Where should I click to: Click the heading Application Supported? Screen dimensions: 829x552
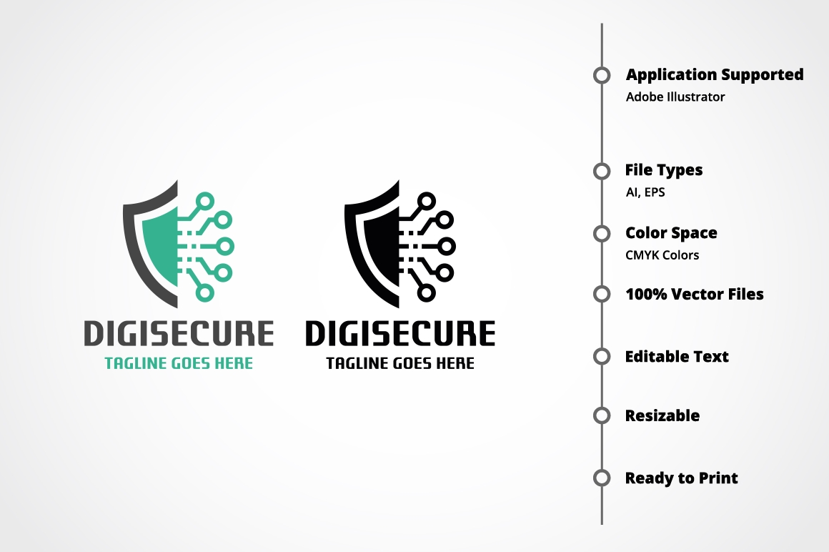click(x=715, y=75)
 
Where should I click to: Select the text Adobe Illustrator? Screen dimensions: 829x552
click(x=675, y=97)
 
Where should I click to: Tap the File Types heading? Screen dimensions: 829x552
click(x=663, y=169)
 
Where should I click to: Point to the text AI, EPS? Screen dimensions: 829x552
click(x=645, y=192)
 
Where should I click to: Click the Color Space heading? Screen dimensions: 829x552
click(x=671, y=232)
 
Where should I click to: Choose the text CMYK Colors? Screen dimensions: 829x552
click(x=662, y=255)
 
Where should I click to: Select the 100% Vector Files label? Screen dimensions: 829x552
click(x=694, y=294)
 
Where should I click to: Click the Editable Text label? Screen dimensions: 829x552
click(x=677, y=356)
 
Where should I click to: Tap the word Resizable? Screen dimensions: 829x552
click(x=662, y=415)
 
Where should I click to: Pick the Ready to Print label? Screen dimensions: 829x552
click(x=682, y=478)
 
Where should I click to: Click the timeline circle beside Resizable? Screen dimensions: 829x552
click(x=602, y=415)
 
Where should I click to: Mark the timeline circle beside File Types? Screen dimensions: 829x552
click(x=602, y=171)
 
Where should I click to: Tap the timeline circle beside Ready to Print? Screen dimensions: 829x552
click(x=602, y=478)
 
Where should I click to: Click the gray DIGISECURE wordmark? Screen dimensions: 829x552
click(x=179, y=333)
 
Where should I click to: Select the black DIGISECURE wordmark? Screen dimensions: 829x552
click(x=400, y=333)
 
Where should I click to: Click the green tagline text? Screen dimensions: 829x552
click(x=179, y=363)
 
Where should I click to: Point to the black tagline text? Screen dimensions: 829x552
click(x=400, y=363)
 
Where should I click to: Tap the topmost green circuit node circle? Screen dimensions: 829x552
click(x=204, y=202)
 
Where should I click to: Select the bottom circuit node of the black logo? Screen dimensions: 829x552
click(x=426, y=292)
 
